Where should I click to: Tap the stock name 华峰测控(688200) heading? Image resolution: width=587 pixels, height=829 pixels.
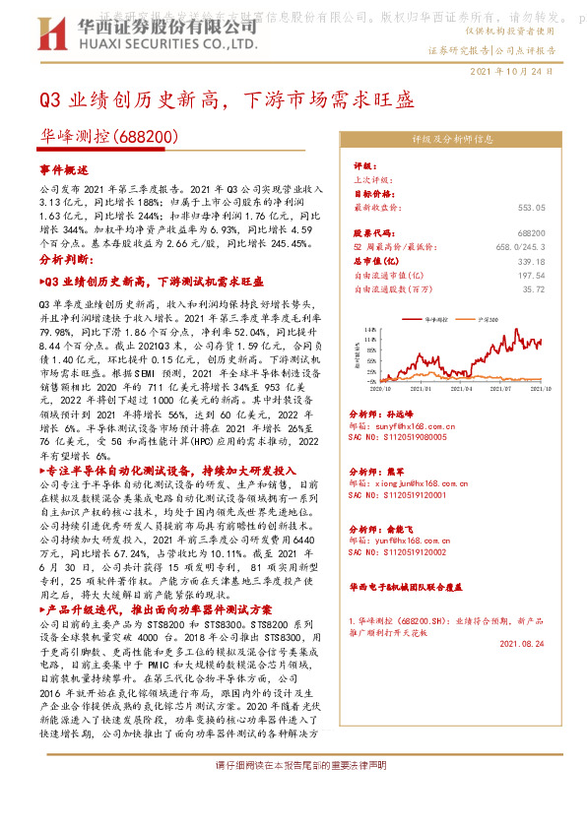[x=107, y=136]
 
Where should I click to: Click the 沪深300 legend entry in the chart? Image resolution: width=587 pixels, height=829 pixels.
[x=483, y=321]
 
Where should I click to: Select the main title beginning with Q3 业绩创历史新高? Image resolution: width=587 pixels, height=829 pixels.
[x=226, y=99]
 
